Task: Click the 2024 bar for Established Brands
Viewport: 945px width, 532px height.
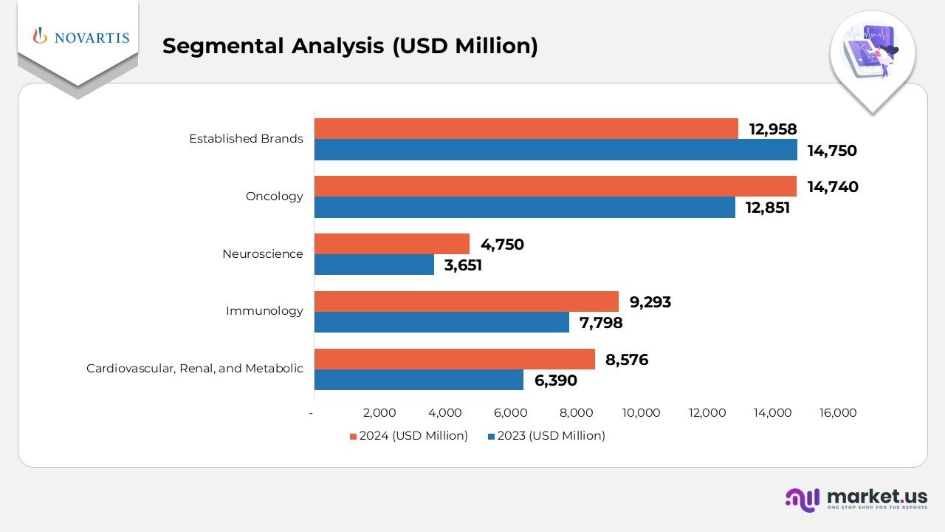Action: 526,129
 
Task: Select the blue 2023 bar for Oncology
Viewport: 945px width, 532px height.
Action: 524,208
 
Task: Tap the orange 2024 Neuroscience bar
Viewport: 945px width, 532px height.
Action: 391,244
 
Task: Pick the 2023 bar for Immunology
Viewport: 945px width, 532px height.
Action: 441,322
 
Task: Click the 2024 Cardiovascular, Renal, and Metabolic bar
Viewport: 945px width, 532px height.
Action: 454,359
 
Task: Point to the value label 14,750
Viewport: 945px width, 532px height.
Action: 832,151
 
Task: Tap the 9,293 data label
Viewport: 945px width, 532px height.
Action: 650,301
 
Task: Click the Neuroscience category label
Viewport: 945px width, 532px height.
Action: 262,254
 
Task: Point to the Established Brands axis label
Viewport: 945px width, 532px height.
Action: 246,139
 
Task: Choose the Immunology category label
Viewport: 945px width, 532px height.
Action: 264,311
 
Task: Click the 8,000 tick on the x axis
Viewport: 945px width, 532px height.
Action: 577,413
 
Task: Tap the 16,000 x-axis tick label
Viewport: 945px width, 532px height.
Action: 838,413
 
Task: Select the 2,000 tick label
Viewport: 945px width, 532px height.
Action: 379,413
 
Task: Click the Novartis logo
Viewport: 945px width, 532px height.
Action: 80,37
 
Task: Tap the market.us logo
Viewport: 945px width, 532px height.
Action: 856,499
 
